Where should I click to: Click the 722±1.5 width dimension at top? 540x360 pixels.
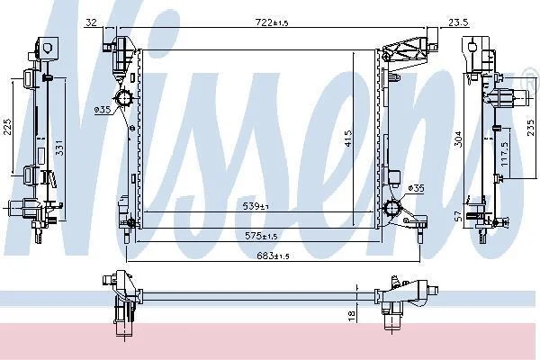pyautogui.click(x=272, y=22)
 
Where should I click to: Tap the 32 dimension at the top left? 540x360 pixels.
pyautogui.click(x=91, y=22)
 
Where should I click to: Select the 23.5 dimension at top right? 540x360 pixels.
pyautogui.click(x=458, y=22)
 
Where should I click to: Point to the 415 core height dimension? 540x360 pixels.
pyautogui.click(x=348, y=138)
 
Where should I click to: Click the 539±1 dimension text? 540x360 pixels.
pyautogui.click(x=256, y=206)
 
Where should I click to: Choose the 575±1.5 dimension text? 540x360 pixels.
pyautogui.click(x=261, y=236)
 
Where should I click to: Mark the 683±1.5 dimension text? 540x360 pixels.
pyautogui.click(x=273, y=256)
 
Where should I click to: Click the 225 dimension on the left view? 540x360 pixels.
pyautogui.click(x=7, y=127)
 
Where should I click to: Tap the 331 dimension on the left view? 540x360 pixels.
pyautogui.click(x=59, y=147)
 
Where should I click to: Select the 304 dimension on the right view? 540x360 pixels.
pyautogui.click(x=458, y=139)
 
